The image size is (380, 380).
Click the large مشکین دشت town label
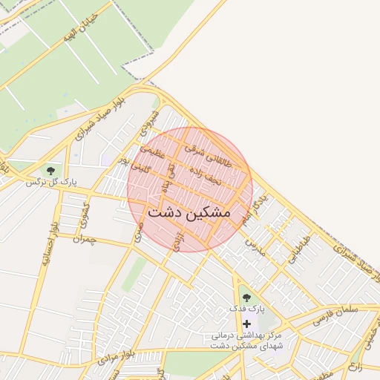tap(189, 212)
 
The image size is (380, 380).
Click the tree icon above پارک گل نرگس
tap(51, 170)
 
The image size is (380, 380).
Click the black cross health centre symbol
tap(246, 324)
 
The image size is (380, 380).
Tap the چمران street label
tap(85, 239)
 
